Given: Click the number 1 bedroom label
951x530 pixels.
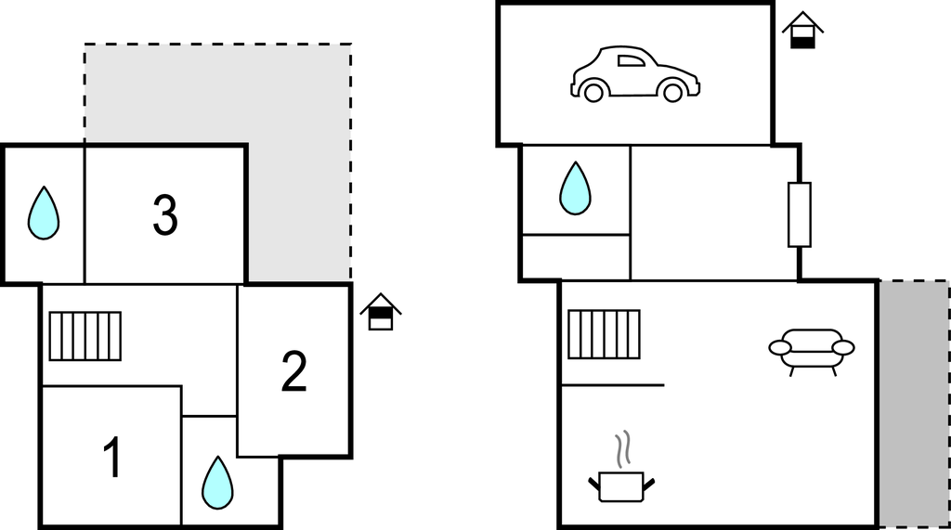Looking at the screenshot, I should pyautogui.click(x=112, y=459).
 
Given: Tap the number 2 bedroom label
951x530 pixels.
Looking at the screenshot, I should pyautogui.click(x=293, y=371).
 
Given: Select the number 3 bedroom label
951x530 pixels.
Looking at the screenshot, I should pyautogui.click(x=164, y=215).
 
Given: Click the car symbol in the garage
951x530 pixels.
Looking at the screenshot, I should pyautogui.click(x=634, y=74).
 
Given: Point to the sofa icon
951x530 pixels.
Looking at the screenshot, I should pyautogui.click(x=811, y=350).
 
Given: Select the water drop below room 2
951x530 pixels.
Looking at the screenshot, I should pyautogui.click(x=217, y=483).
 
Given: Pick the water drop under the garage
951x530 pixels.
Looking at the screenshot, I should pyautogui.click(x=575, y=188).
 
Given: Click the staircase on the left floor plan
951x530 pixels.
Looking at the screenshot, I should pyautogui.click(x=85, y=335).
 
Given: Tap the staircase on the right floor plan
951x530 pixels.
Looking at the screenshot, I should pyautogui.click(x=604, y=334).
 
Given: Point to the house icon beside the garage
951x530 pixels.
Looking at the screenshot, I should pyautogui.click(x=802, y=31).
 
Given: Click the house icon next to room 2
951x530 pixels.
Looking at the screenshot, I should pyautogui.click(x=380, y=312).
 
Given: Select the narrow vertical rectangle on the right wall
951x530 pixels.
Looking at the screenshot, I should pyautogui.click(x=799, y=214).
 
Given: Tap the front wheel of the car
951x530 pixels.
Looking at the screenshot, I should pyautogui.click(x=672, y=92).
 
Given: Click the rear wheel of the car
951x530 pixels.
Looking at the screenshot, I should pyautogui.click(x=593, y=92).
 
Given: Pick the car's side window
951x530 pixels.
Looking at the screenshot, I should pyautogui.click(x=632, y=62).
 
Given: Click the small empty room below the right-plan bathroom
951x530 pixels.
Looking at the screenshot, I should pyautogui.click(x=575, y=256).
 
